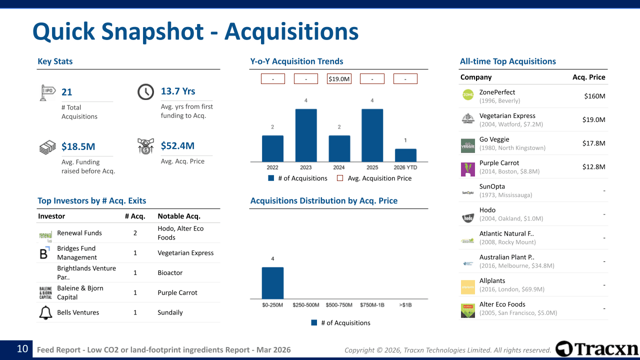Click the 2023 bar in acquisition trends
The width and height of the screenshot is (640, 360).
(306, 135)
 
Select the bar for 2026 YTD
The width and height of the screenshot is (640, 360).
(405, 155)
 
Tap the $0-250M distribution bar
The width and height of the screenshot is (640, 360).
(272, 283)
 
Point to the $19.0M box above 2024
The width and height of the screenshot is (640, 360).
(339, 79)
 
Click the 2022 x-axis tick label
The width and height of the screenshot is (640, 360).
(272, 167)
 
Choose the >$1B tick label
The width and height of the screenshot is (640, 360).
(405, 304)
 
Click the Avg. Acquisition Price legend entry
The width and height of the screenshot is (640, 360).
(374, 178)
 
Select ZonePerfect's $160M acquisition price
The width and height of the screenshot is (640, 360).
(594, 96)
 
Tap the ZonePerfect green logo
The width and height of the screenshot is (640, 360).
(468, 94)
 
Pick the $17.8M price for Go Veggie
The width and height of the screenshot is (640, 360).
(594, 143)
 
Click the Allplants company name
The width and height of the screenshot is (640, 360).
(492, 280)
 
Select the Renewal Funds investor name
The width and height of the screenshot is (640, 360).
(79, 233)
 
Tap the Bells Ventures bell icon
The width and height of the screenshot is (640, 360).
(45, 312)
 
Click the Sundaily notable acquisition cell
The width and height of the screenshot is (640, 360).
(170, 312)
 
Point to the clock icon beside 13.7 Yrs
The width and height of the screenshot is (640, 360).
(145, 92)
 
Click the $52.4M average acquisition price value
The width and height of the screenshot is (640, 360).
(177, 146)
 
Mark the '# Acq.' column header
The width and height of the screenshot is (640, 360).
(135, 216)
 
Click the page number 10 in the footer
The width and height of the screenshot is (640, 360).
(22, 349)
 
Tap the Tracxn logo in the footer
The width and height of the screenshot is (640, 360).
(597, 349)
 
